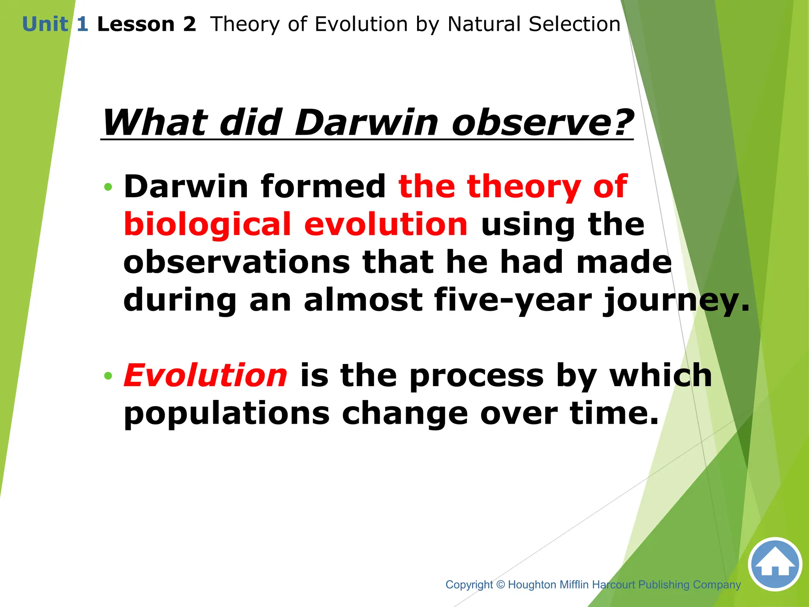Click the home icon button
[x=775, y=564]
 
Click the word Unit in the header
[x=45, y=25]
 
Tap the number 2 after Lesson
[x=189, y=25]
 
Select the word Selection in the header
[x=574, y=25]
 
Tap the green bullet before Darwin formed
[x=108, y=187]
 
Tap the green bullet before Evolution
[x=108, y=375]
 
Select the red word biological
[x=207, y=224]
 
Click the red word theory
[x=524, y=187]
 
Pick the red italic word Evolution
[x=205, y=375]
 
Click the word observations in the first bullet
[x=236, y=262]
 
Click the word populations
[x=226, y=414]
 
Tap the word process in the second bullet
[x=476, y=376]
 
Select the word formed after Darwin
[x=323, y=187]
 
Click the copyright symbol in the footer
[x=500, y=584]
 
